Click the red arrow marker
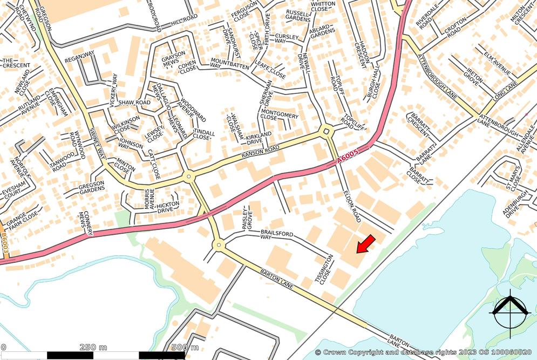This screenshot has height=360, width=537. [x=365, y=243]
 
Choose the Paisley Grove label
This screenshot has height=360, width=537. [x=249, y=219]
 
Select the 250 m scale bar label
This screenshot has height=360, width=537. [x=93, y=347]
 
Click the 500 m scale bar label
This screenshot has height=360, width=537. [x=185, y=347]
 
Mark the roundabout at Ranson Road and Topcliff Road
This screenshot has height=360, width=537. [x=326, y=131]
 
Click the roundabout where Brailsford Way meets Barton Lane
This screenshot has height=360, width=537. [x=219, y=246]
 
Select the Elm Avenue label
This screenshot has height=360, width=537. [x=497, y=62]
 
